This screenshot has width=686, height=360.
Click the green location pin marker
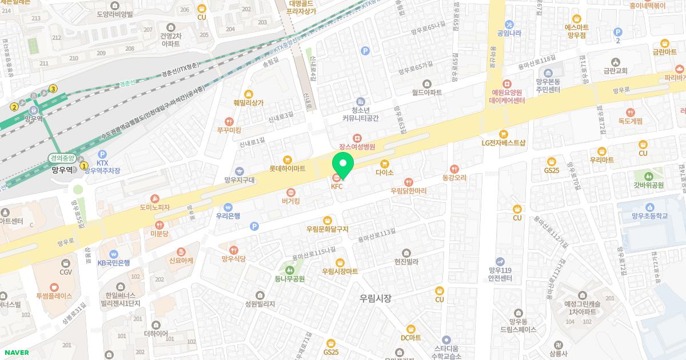pos(343,164)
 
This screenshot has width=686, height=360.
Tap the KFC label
pos(336,186)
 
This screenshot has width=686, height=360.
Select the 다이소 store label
pos(384,172)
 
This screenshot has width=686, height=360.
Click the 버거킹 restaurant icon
pos(290,192)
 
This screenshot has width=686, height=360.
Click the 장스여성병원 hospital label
pos(357,146)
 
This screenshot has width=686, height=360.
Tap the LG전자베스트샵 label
pos(503,143)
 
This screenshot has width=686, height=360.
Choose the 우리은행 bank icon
pos(228,207)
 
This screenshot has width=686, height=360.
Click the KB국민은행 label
pos(114,263)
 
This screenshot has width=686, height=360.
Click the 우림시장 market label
pos(376,298)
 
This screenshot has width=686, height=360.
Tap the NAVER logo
pos(15,353)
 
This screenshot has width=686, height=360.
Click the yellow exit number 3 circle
pos(53,89)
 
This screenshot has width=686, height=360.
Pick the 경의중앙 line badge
pos(63,158)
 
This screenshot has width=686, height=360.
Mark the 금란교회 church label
pos(615,71)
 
